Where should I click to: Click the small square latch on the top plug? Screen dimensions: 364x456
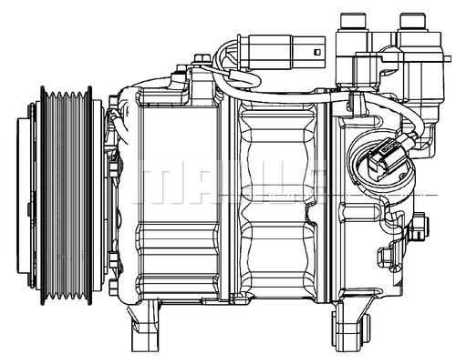coord(316,49)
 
